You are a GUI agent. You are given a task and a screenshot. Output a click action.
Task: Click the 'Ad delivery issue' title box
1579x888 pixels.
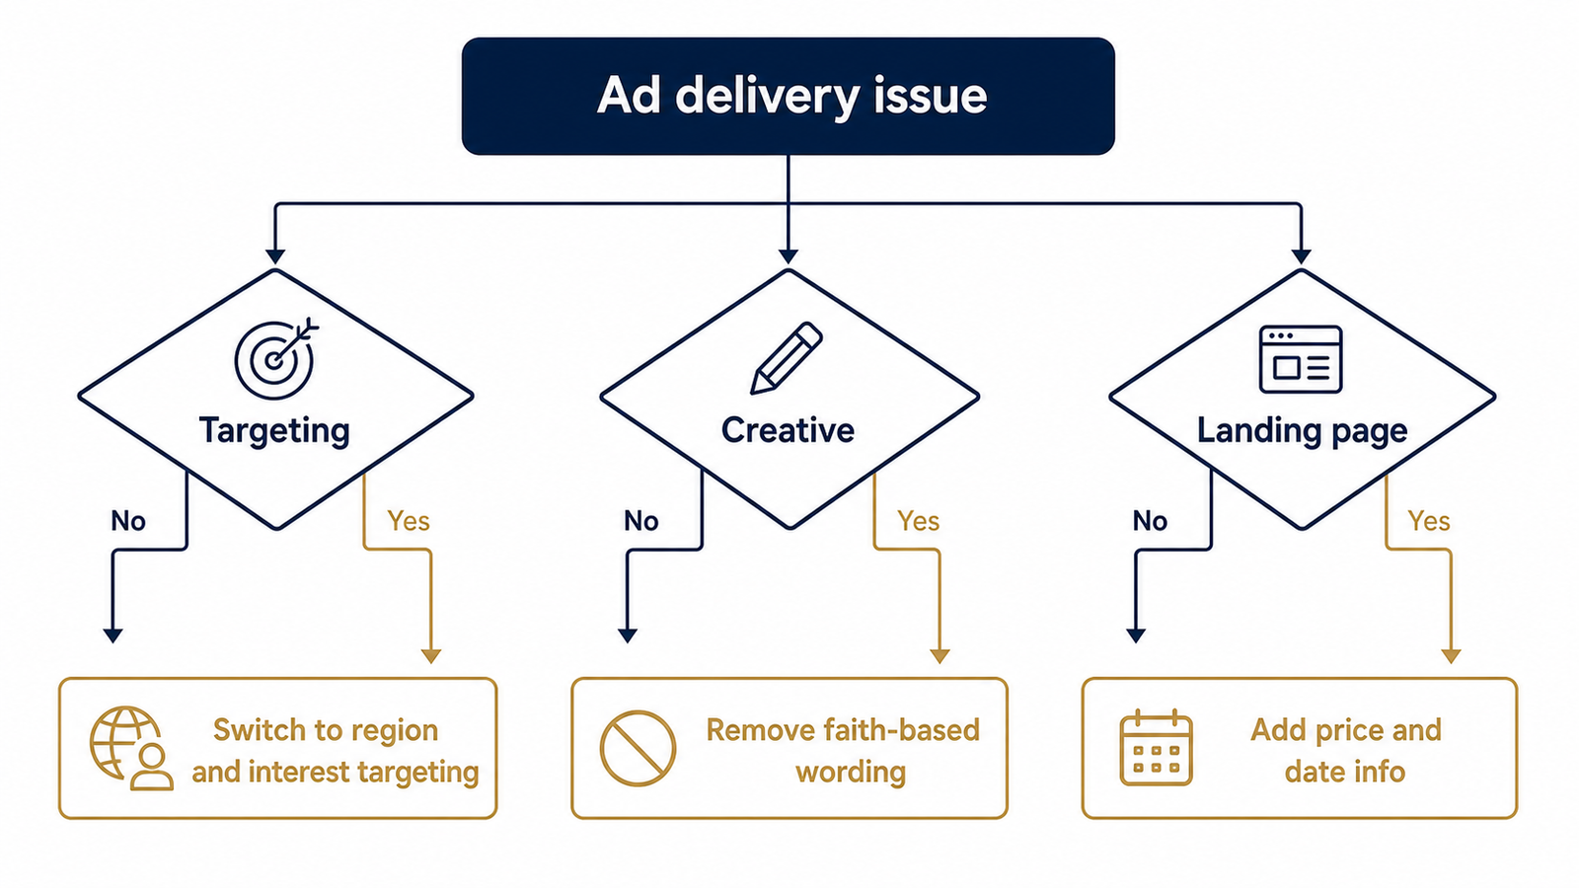click(x=789, y=96)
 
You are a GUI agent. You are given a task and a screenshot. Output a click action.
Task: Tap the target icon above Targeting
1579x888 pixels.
click(x=275, y=358)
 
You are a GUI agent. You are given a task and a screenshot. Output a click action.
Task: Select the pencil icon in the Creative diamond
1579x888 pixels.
click(x=786, y=357)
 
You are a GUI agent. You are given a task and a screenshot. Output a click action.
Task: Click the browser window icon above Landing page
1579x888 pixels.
click(x=1301, y=359)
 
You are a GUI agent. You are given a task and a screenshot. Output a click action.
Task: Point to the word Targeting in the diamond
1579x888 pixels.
click(x=274, y=430)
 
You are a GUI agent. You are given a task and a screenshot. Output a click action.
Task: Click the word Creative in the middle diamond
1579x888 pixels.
click(x=788, y=430)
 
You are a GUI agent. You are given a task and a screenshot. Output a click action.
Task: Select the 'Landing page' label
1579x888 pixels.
click(x=1302, y=431)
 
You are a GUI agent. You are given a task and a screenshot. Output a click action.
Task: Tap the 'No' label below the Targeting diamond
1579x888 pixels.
click(x=128, y=521)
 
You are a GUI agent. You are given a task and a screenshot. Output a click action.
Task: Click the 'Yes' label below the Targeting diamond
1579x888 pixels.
click(x=409, y=521)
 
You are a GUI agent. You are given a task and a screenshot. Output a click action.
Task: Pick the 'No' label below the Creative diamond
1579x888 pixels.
click(x=641, y=521)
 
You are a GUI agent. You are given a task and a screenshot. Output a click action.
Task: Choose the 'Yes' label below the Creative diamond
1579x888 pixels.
click(x=919, y=521)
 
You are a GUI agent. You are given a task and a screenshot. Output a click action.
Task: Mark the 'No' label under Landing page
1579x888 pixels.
click(x=1150, y=521)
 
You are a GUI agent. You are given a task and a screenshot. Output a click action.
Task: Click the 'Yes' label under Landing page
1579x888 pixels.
click(x=1429, y=521)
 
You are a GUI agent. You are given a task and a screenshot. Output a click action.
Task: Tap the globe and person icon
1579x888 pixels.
click(x=130, y=749)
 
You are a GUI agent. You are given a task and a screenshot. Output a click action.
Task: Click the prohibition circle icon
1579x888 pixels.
click(x=638, y=749)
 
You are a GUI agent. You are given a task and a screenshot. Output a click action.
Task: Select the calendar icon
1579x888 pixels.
click(x=1156, y=749)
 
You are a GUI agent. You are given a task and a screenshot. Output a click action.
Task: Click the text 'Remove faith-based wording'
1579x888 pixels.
click(x=843, y=751)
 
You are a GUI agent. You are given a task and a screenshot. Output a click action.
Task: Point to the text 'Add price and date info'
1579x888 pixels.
click(x=1346, y=751)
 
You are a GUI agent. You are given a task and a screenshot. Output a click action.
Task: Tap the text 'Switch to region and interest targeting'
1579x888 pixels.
click(x=336, y=751)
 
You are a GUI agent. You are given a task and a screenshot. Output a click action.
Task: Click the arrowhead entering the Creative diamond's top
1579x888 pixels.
click(x=789, y=256)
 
